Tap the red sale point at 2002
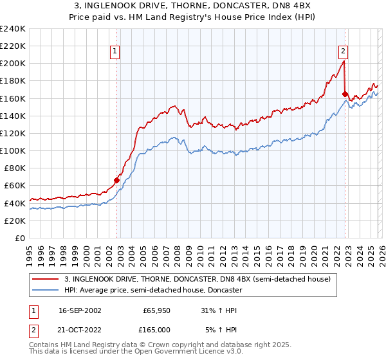coord(117,181)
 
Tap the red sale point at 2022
coord(345,94)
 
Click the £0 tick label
coord(19,238)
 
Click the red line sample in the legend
coord(46,279)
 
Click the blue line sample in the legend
coord(46,291)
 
